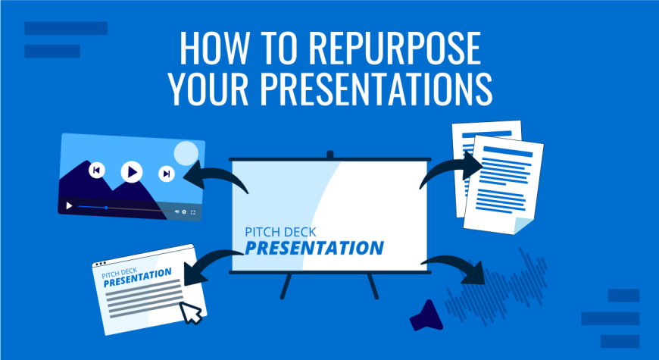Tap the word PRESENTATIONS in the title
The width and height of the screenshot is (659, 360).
pos(376,89)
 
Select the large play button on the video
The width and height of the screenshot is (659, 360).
pos(132,172)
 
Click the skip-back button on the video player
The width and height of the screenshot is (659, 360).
pos(97,170)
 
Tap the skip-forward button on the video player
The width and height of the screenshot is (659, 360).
pos(167,174)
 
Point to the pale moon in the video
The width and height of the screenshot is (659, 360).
pos(186,154)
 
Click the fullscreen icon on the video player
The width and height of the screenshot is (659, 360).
pos(193,212)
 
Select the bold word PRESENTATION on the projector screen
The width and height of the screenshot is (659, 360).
pos(314,248)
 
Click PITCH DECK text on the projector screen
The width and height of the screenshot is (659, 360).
pos(280,232)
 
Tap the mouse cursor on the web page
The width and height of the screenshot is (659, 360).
pos(190,312)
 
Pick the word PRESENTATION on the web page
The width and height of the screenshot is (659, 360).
pos(137,278)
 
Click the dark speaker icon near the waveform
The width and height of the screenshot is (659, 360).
pos(426,316)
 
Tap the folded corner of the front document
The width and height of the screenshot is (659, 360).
pos(523,226)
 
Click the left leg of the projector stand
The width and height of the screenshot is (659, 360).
pos(286,286)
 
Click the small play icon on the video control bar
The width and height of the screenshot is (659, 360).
pos(70,205)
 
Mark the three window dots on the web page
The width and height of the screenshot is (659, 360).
pos(100,264)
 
